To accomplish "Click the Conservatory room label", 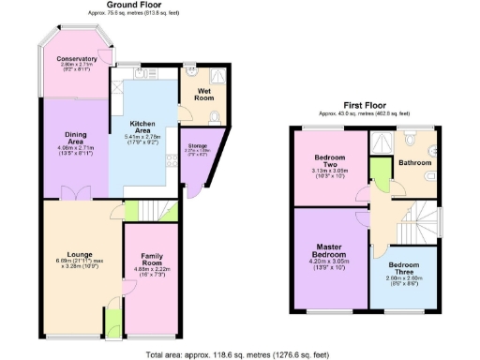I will (x=77, y=58).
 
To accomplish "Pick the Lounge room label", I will (x=71, y=253).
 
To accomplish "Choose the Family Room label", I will (x=152, y=259).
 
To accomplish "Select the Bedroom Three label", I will (x=405, y=269).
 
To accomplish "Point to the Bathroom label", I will (x=414, y=162).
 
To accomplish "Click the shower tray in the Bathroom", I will (x=382, y=140).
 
